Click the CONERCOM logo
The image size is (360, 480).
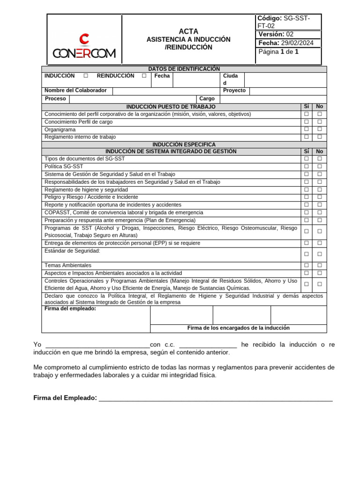pyautogui.click(x=84, y=47)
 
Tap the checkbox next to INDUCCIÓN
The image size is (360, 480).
pyautogui.click(x=85, y=76)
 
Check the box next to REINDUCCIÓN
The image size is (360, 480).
pyautogui.click(x=144, y=76)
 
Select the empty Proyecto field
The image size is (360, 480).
pyautogui.click(x=288, y=91)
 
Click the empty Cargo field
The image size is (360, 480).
pyautogui.click(x=273, y=99)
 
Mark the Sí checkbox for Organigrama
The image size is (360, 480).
pyautogui.click(x=306, y=129)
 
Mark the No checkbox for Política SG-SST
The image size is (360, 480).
pyautogui.click(x=320, y=166)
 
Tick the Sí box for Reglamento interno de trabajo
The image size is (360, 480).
pyautogui.click(x=306, y=137)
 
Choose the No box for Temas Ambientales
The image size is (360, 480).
pyautogui.click(x=320, y=265)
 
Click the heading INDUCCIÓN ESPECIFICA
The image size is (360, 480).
pyautogui.click(x=184, y=144)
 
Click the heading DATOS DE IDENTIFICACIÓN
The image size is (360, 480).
pyautogui.click(x=184, y=69)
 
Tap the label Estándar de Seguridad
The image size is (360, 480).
pyautogui.click(x=72, y=251)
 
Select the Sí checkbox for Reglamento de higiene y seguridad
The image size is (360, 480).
pyautogui.click(x=306, y=190)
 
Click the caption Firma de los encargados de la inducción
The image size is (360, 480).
pyautogui.click(x=238, y=328)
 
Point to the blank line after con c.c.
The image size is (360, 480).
pyautogui.click(x=208, y=345)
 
